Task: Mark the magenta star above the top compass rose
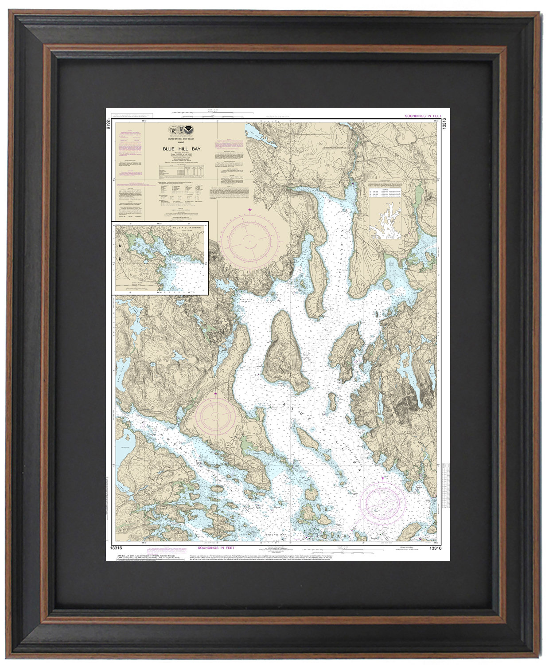click(250, 209)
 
